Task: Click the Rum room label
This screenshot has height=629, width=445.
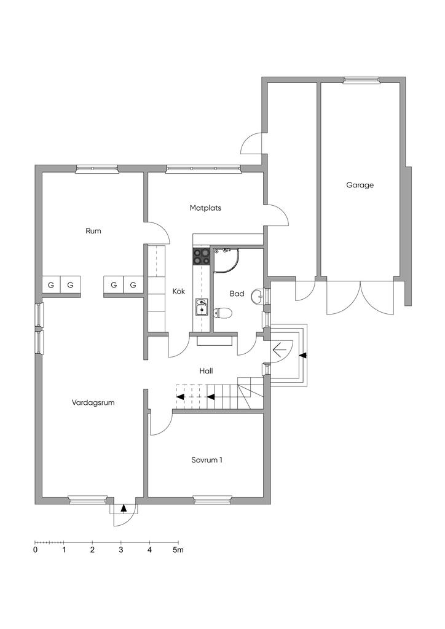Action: [93, 231]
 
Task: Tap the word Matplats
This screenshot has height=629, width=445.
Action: [205, 208]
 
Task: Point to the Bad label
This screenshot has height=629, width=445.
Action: [237, 294]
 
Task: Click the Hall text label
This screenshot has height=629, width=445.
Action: [206, 371]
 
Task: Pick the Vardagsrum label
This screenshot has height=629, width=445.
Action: [93, 403]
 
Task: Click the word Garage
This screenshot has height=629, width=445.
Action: [360, 184]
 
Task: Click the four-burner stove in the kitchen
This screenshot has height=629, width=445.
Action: [202, 256]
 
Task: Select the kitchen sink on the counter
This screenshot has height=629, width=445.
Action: [202, 306]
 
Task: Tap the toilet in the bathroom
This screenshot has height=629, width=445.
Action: [224, 313]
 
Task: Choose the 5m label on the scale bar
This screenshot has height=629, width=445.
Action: [178, 550]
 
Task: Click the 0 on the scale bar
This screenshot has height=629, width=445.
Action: [35, 550]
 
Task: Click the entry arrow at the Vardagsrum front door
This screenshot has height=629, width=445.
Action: [124, 508]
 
